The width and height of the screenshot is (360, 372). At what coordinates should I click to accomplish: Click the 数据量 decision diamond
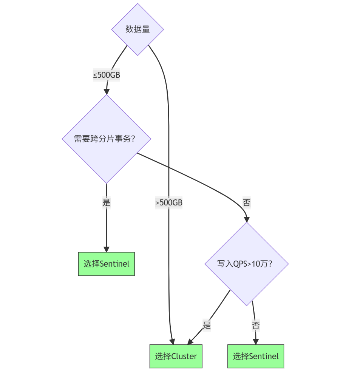coord(138,29)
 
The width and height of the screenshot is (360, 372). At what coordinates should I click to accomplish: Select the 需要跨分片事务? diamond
coord(106,139)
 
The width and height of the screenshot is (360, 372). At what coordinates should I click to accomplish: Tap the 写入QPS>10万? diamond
coord(246,264)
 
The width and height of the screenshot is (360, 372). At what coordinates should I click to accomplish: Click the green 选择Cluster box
coord(176,356)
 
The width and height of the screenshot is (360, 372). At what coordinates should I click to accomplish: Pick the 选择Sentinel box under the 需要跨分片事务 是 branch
coord(106,264)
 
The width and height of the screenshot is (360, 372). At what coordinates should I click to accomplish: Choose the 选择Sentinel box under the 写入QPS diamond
coord(255,356)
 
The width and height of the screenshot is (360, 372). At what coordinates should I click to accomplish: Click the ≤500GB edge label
coord(107,75)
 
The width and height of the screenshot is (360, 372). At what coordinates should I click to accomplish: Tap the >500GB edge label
coord(169,203)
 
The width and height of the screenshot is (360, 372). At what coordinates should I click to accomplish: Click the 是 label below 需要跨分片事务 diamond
coord(106,202)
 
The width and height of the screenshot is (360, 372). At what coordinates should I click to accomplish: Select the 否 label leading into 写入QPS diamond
coord(246,203)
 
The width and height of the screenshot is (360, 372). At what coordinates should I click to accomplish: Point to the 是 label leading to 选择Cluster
coord(207,325)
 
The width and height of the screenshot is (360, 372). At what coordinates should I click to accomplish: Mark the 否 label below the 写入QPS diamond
coord(255,325)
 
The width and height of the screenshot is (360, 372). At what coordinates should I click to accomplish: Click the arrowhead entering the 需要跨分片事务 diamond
coord(107,91)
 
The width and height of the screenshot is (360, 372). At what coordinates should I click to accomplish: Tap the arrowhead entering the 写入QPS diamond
coord(247,219)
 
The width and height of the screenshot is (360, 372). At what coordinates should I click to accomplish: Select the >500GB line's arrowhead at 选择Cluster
coord(172,341)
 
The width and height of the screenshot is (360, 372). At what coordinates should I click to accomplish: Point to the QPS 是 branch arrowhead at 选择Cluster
coord(190,341)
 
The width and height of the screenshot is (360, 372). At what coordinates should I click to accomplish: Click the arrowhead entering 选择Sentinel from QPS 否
coord(256,341)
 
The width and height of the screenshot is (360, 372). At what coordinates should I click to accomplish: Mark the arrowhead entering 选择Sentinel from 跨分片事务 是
coord(106,249)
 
